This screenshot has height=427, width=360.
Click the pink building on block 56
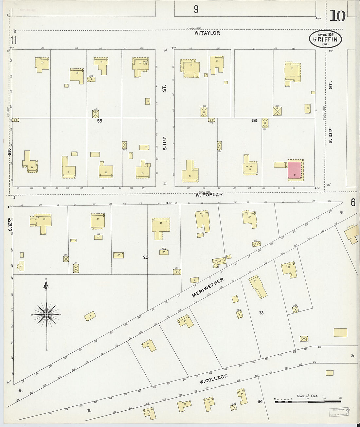[295, 170]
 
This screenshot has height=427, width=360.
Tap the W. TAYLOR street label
[207, 33]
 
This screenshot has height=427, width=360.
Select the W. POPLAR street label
[209, 195]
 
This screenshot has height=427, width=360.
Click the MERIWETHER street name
[208, 288]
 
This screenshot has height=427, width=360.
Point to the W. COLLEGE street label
[213, 379]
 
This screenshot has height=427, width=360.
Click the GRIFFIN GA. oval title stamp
[325, 39]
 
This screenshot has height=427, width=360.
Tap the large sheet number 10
[337, 16]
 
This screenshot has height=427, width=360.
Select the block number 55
[99, 121]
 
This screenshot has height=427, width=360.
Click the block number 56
[254, 121]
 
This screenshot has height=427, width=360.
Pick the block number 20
[146, 257]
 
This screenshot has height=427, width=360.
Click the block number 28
[261, 313]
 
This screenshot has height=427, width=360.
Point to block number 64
[260, 401]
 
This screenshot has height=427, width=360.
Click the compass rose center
[46, 315]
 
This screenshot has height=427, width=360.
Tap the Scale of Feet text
[307, 396]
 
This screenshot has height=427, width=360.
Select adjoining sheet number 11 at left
[13, 41]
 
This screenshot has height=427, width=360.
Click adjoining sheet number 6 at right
[353, 203]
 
